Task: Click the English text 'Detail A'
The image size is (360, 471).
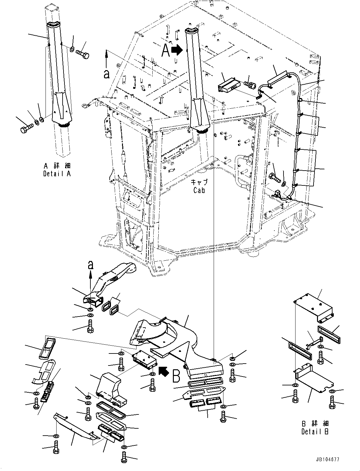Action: pos(57,174)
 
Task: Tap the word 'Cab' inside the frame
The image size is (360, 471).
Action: pos(199,190)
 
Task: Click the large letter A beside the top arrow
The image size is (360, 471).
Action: pos(165,51)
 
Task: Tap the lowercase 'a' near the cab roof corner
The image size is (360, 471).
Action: pos(107,74)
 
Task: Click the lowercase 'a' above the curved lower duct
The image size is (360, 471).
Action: pos(91,266)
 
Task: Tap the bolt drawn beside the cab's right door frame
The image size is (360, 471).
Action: pos(274,178)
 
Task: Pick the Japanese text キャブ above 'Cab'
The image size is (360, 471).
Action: pos(199,183)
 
